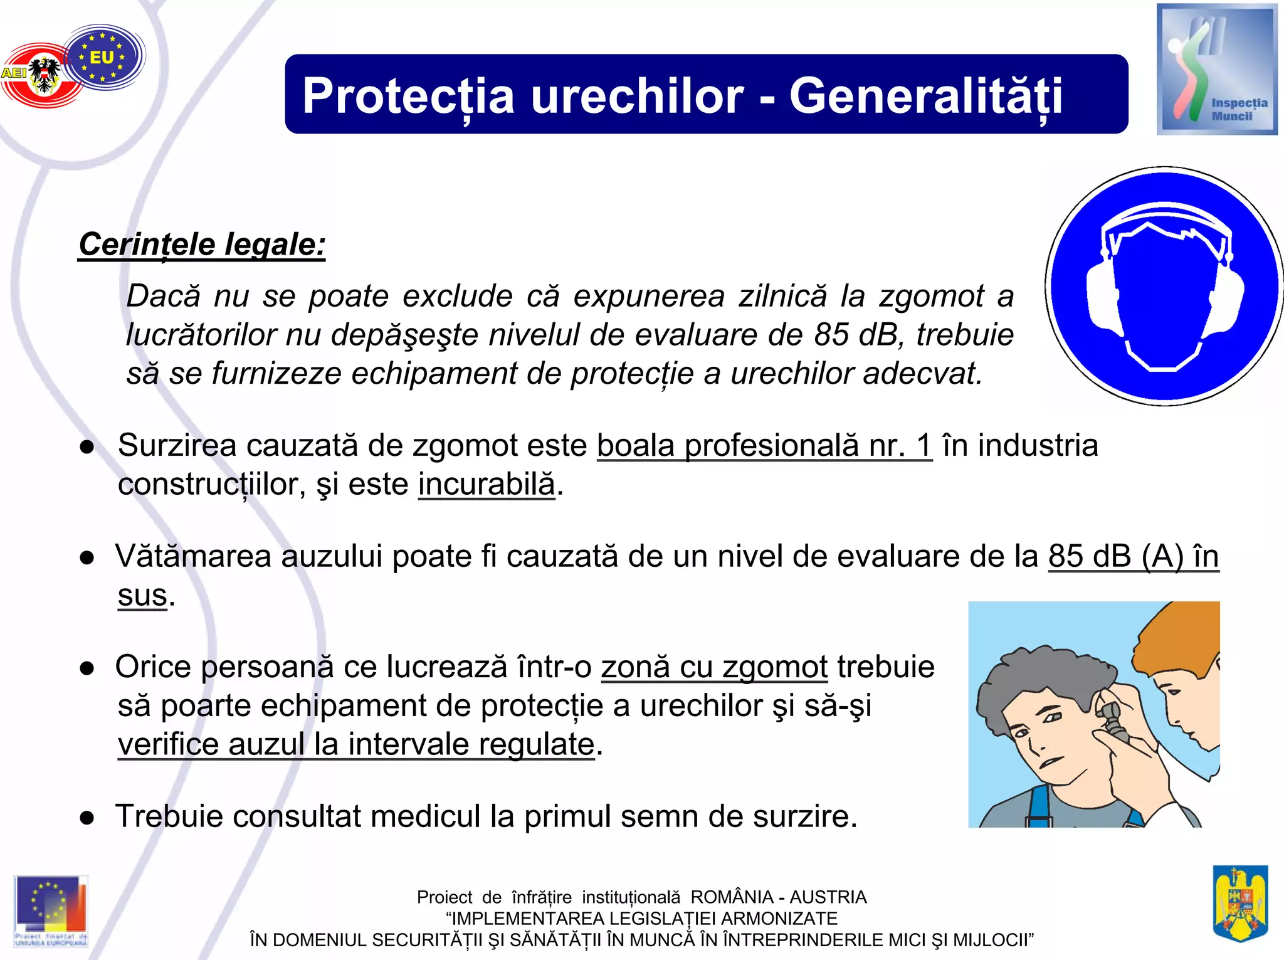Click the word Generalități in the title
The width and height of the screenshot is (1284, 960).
pyautogui.click(x=925, y=96)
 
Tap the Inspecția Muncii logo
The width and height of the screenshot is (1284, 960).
pyautogui.click(x=1216, y=70)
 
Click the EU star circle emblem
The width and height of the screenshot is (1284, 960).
pyautogui.click(x=103, y=57)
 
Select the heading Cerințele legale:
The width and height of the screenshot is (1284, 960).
pyautogui.click(x=202, y=245)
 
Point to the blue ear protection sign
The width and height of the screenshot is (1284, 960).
pyautogui.click(x=1164, y=286)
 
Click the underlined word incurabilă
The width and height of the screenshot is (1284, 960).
pyautogui.click(x=487, y=484)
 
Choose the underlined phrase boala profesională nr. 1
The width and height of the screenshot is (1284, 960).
pyautogui.click(x=764, y=446)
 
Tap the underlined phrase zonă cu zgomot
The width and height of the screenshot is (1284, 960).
pyautogui.click(x=714, y=667)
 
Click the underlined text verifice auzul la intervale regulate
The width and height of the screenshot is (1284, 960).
pyautogui.click(x=355, y=744)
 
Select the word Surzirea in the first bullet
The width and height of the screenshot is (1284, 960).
pyautogui.click(x=177, y=446)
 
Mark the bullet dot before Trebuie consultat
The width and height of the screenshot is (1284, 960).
pyautogui.click(x=87, y=818)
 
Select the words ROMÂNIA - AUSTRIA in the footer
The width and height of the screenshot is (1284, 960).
pyautogui.click(x=778, y=897)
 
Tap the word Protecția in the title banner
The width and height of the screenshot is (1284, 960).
pyautogui.click(x=408, y=96)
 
